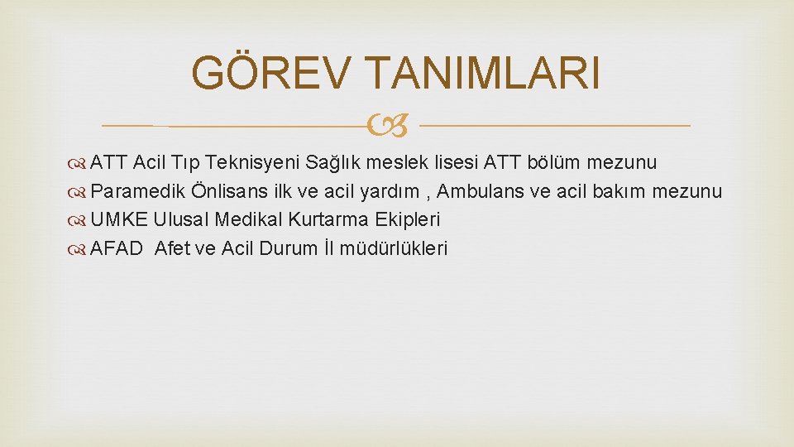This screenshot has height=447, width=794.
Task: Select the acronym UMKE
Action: click(x=119, y=220)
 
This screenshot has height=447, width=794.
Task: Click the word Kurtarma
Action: click(x=327, y=220)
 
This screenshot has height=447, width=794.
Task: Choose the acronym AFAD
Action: click(x=117, y=249)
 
